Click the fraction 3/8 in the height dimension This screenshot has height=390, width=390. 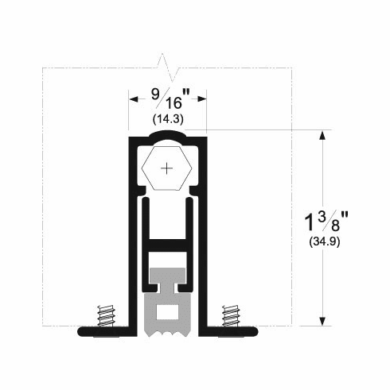point(331,217)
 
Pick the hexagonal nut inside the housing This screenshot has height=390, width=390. point(166,168)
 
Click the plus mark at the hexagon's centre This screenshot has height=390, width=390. point(166,168)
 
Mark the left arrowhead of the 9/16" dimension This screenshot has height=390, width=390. point(133,99)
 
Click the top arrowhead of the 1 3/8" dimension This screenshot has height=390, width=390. point(322,134)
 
